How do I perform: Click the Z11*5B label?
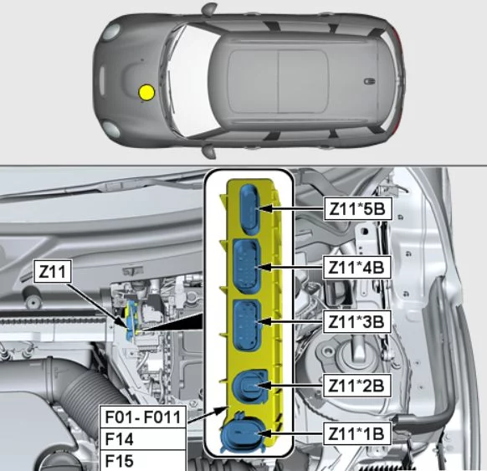(357, 208)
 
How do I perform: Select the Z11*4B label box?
(356, 268)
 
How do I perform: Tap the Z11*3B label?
(356, 321)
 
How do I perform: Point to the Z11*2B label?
(356, 386)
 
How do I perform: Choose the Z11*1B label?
(356, 433)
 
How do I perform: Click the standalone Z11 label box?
(53, 272)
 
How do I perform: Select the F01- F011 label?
(143, 417)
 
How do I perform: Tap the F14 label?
(143, 439)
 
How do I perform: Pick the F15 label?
(143, 460)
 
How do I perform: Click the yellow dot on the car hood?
(146, 93)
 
